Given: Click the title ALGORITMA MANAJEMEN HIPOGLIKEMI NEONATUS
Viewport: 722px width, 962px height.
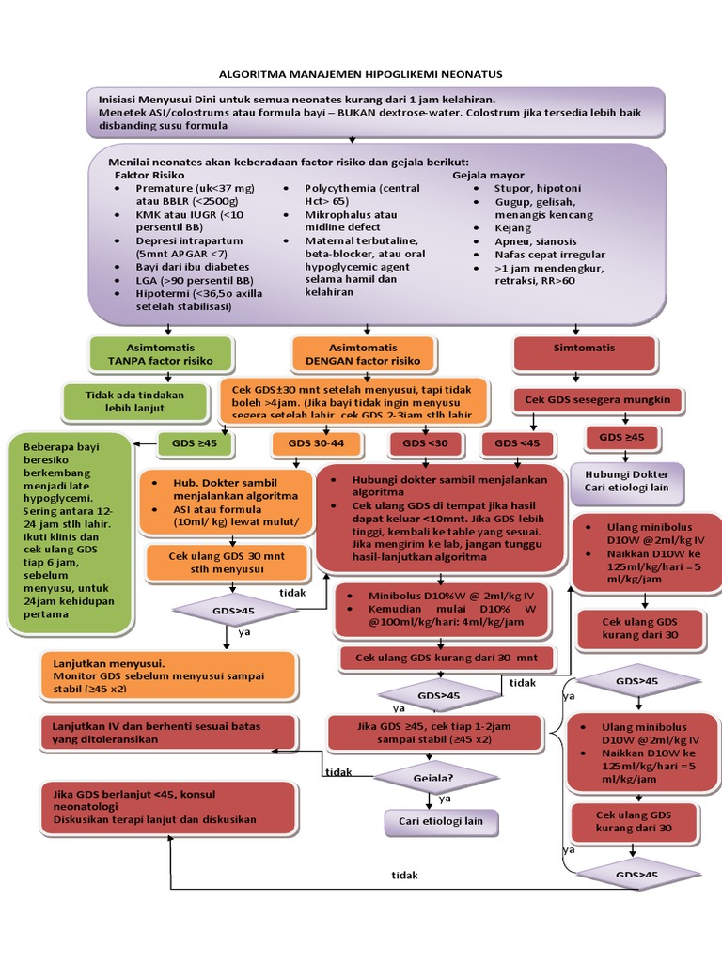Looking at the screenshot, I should coord(361,73).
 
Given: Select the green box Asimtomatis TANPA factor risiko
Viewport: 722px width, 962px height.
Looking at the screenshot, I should coord(160,353).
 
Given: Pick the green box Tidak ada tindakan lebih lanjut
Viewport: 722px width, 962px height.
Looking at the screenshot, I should coord(134,401).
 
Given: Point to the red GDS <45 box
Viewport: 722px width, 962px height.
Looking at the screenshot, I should coord(517,442).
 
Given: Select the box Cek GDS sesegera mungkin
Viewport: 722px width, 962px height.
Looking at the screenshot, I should coord(597,400).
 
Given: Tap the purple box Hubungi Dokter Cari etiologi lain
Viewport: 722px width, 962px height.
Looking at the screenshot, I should coord(627,481).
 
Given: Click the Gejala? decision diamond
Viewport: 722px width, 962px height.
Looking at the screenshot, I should coord(433,779).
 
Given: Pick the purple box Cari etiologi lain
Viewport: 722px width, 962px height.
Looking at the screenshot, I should coord(441,821).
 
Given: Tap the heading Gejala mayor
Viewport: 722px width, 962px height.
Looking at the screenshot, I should coord(488,175).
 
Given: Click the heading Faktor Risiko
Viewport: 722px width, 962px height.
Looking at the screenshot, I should coord(149,175).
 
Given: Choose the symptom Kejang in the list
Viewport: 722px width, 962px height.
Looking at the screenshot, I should coord(512,228).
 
